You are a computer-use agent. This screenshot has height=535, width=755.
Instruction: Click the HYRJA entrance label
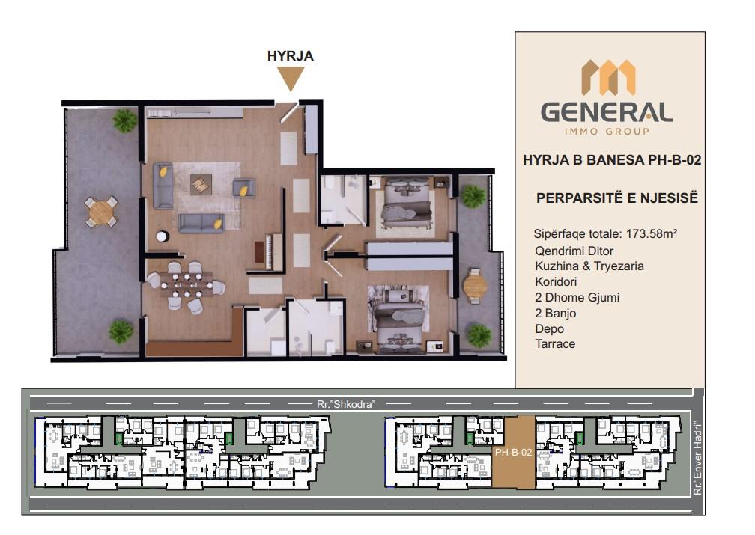coord(291,56)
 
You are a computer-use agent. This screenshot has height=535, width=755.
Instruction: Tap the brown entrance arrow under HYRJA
coord(291,79)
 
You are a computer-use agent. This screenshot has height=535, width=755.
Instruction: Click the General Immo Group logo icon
coord(608,77)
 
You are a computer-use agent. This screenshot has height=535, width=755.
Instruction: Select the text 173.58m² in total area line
coord(652,234)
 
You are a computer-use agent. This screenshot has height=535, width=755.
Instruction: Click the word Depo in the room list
coord(550,328)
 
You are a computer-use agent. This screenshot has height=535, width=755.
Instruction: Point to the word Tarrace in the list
coord(555,344)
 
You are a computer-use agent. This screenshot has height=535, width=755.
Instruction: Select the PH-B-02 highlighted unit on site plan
coord(513,452)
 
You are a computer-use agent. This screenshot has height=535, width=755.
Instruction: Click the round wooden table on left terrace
coord(100,212)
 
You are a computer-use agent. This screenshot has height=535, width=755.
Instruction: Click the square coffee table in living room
coord(201,184)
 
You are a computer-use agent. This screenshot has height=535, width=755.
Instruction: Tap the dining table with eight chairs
coord(187,284)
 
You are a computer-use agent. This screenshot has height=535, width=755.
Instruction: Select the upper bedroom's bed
coord(405,205)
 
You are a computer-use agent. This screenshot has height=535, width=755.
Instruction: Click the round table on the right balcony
coord(475,286)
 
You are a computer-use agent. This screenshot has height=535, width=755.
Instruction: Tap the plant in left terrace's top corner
coord(124,120)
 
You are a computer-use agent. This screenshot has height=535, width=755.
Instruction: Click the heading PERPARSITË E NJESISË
coord(617,198)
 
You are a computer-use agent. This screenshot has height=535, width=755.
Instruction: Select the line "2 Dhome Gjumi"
coord(577,297)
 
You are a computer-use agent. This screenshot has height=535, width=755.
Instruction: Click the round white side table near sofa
coord(163,236)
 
